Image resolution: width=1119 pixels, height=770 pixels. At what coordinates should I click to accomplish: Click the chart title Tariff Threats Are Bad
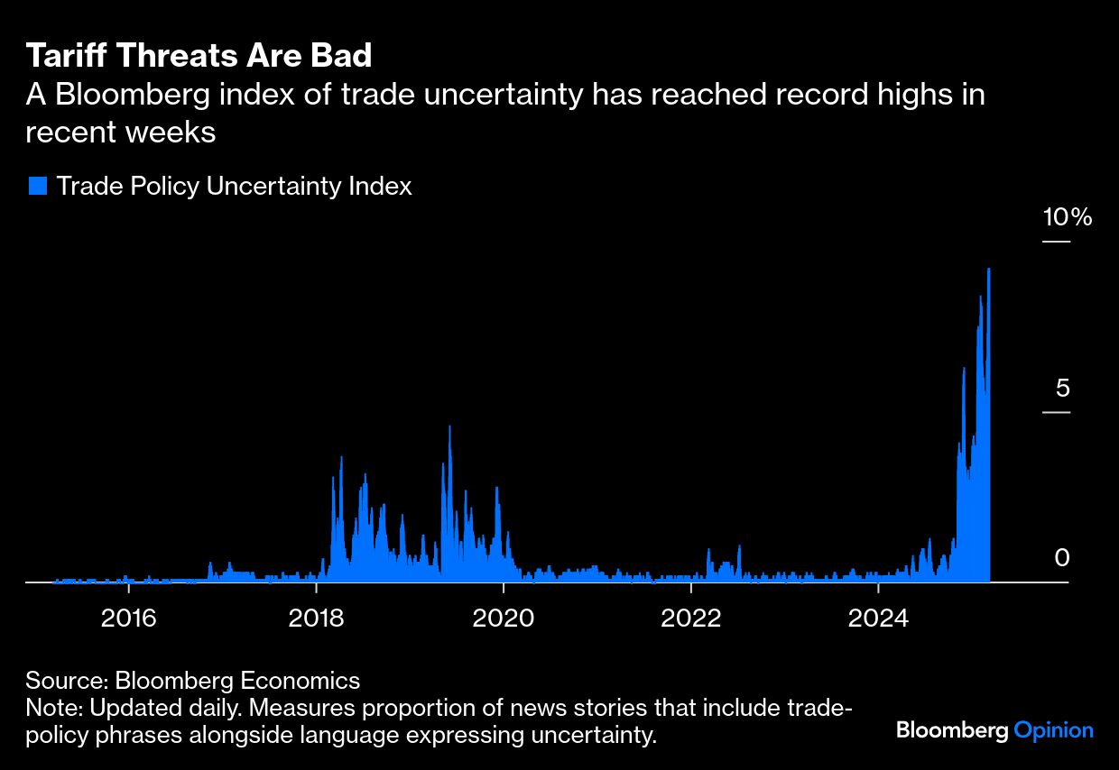(x=199, y=56)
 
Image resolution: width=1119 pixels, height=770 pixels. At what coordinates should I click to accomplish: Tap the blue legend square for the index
(x=37, y=187)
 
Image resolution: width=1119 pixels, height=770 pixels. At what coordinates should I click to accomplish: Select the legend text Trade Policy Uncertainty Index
(x=234, y=187)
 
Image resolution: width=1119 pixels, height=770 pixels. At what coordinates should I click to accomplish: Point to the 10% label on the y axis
(x=1067, y=217)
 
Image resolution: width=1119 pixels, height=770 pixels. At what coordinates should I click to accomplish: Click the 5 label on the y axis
(x=1062, y=389)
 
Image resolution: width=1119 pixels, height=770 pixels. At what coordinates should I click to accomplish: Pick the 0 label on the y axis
(x=1062, y=558)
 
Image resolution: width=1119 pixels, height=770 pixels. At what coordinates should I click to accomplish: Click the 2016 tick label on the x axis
(x=129, y=619)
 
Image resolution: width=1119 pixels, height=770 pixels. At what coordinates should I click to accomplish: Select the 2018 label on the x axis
(x=316, y=619)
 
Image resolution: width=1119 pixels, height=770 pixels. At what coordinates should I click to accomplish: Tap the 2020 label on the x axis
(x=503, y=619)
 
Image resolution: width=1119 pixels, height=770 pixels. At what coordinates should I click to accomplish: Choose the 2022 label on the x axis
(x=690, y=619)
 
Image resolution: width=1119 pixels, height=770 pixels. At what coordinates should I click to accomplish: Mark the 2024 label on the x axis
(x=878, y=619)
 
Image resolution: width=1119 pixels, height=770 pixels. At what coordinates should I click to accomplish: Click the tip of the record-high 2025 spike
(x=989, y=270)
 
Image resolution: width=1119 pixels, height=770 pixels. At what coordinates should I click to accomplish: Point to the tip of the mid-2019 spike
(x=449, y=426)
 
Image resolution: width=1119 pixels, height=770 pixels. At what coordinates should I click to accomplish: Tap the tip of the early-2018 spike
(x=341, y=457)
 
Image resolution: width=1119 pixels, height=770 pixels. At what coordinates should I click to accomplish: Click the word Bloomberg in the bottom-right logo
(x=951, y=730)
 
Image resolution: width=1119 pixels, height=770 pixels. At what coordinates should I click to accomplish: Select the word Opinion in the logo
(x=1053, y=730)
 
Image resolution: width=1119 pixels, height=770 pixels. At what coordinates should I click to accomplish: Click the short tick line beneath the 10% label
(x=1056, y=242)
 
